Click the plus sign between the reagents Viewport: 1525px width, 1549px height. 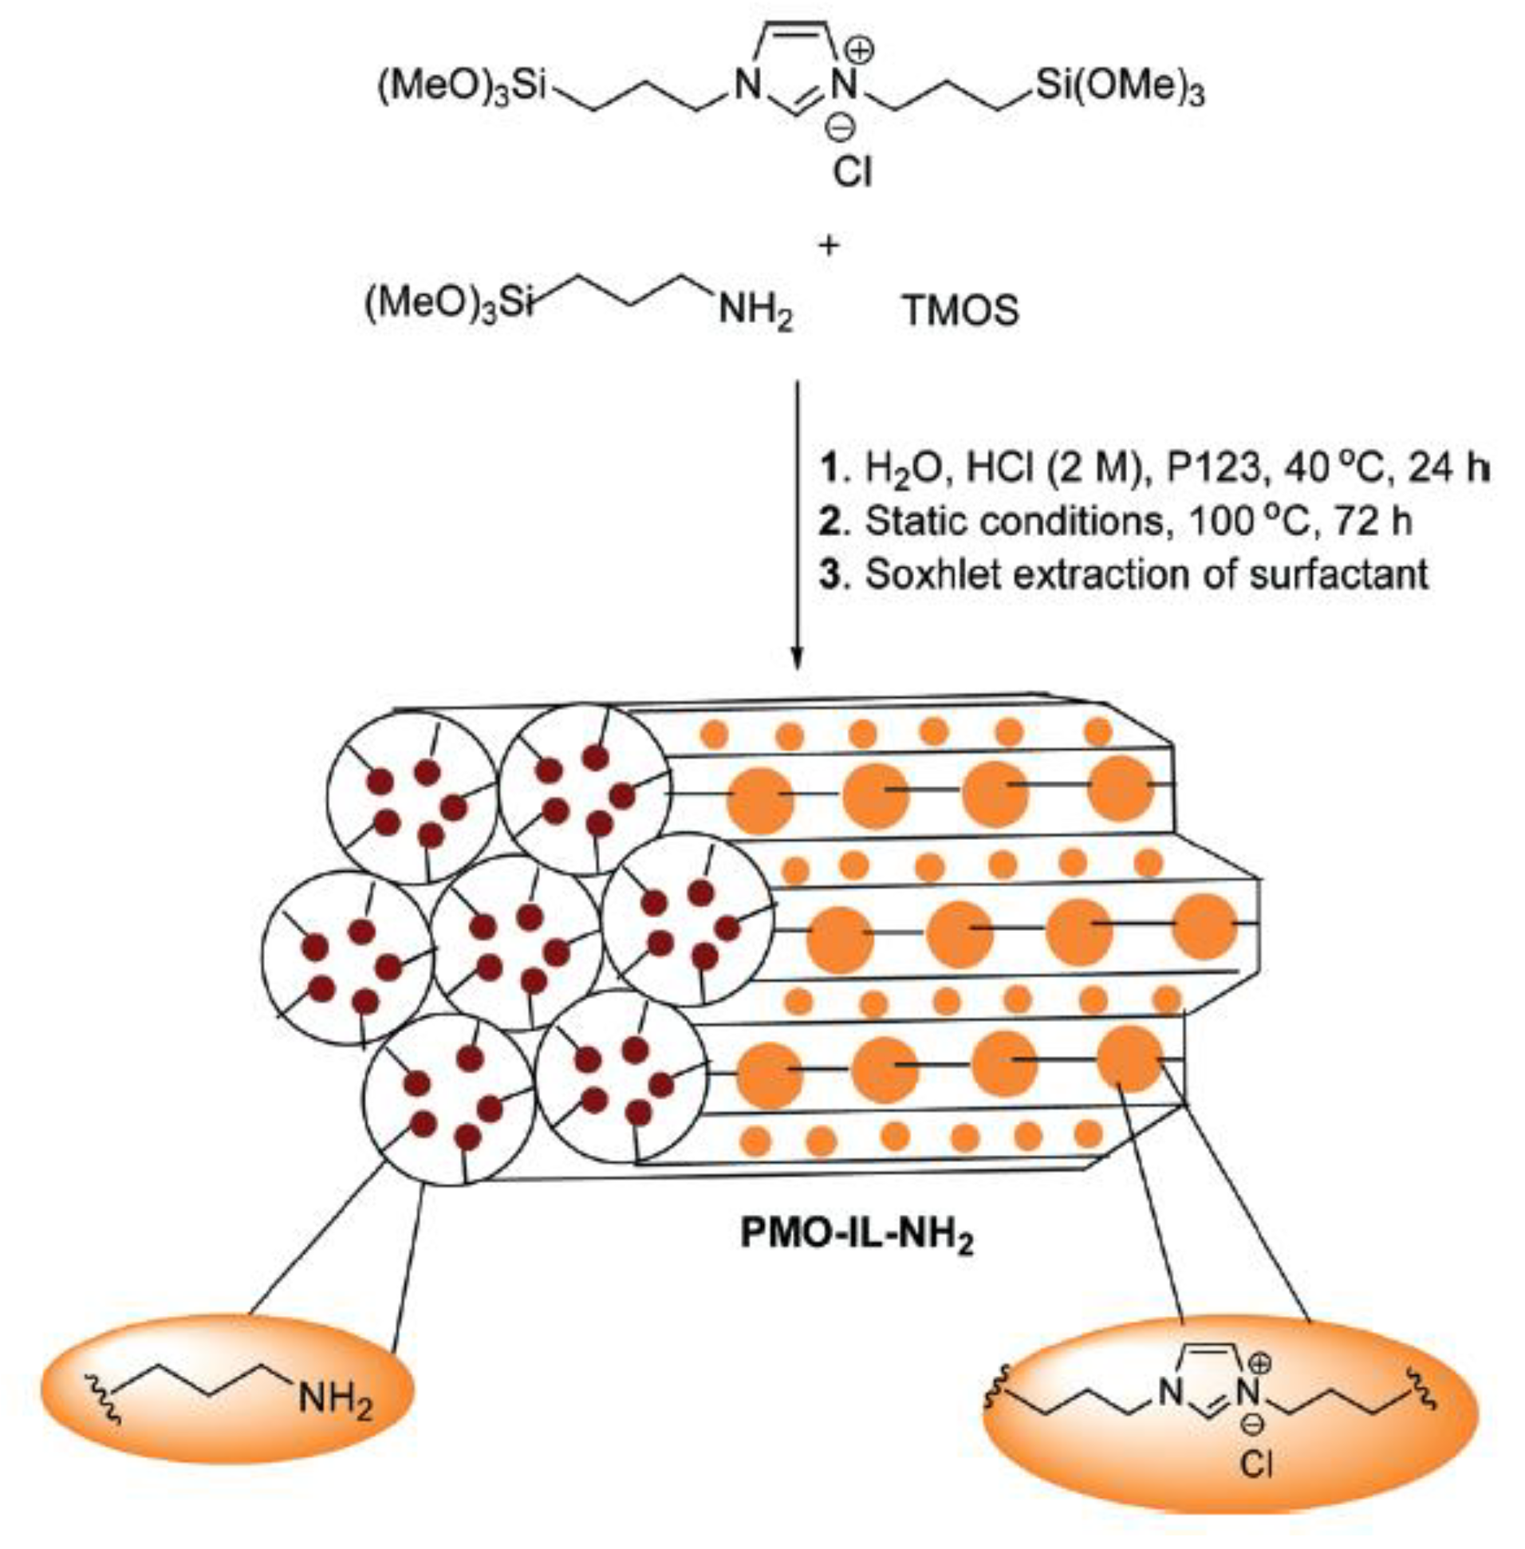pyautogui.click(x=828, y=244)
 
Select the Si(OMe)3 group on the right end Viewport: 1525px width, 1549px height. pyautogui.click(x=1119, y=89)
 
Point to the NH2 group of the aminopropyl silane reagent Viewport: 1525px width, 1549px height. pyautogui.click(x=755, y=312)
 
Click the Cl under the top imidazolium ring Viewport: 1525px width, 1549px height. pyautogui.click(x=852, y=171)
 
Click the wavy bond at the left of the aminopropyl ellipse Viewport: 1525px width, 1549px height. pyautogui.click(x=108, y=1398)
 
